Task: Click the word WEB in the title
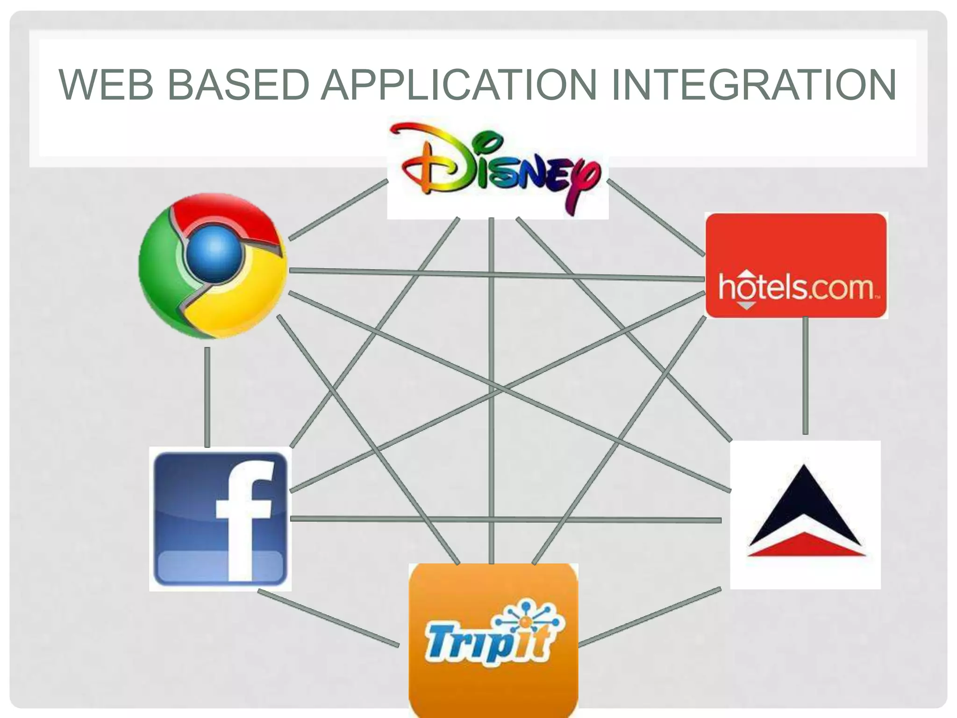(106, 85)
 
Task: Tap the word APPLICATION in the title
(458, 85)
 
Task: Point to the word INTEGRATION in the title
(753, 85)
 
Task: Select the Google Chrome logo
(213, 266)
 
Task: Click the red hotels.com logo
(796, 266)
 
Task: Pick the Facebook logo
(220, 519)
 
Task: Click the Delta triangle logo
(805, 514)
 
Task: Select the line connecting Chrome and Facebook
(207, 397)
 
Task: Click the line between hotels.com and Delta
(805, 376)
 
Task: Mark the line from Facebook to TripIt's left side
(328, 618)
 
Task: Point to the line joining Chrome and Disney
(338, 210)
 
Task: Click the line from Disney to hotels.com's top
(656, 218)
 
